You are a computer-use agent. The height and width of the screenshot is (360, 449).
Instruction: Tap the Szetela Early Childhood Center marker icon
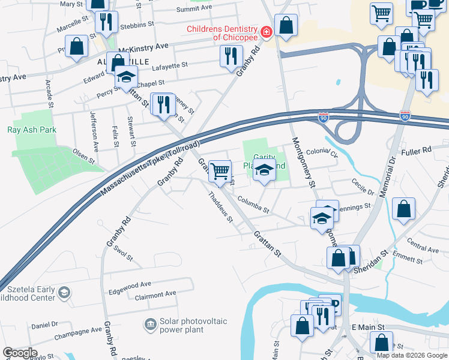click(x=65, y=293)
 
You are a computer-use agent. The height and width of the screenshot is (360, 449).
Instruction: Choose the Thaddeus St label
click(x=220, y=207)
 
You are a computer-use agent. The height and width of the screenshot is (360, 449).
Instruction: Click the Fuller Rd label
click(x=418, y=150)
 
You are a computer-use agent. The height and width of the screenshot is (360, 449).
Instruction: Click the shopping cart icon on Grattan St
click(x=220, y=172)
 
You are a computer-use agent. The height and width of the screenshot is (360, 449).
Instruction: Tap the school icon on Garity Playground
click(x=264, y=170)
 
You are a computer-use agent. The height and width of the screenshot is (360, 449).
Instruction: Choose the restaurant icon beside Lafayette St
click(x=232, y=56)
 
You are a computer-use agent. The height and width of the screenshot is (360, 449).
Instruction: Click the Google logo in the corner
click(x=20, y=353)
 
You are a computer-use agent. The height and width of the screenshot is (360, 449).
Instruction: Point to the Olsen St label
click(x=83, y=157)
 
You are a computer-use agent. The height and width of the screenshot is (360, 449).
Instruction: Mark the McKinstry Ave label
click(x=143, y=46)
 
